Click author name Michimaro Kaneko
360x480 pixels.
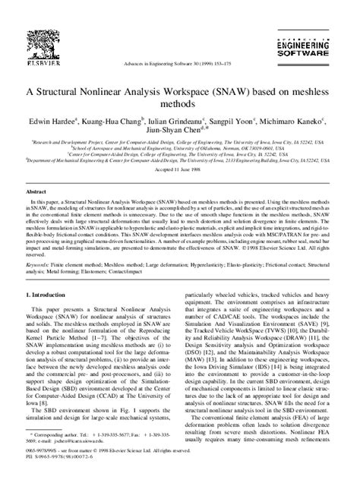click(297, 122)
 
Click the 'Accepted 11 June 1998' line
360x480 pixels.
click(179, 169)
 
